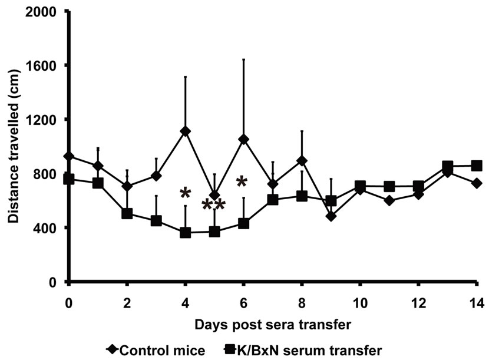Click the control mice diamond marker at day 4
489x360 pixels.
coord(186,131)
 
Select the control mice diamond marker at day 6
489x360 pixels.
coord(243,139)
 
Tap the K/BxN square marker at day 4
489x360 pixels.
coord(186,233)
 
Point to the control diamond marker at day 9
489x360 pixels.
coord(331,216)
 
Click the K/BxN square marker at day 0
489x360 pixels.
coord(69,179)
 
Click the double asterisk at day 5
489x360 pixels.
coord(213,204)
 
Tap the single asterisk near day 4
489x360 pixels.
coord(186,193)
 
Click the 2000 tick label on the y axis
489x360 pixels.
coord(42,11)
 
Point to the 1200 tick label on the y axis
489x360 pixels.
coord(42,120)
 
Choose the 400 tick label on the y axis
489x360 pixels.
coord(46,228)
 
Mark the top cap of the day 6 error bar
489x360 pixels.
coord(243,60)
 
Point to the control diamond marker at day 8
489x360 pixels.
coord(302,161)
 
